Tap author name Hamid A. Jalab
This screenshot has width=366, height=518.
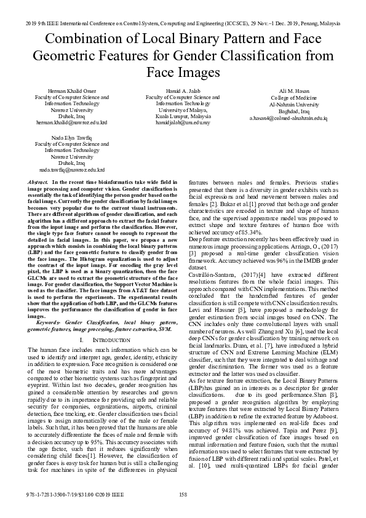[x=183, y=91]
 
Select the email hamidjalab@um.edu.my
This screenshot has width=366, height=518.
[x=183, y=122]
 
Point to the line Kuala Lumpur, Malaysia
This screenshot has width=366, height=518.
[x=183, y=116]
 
